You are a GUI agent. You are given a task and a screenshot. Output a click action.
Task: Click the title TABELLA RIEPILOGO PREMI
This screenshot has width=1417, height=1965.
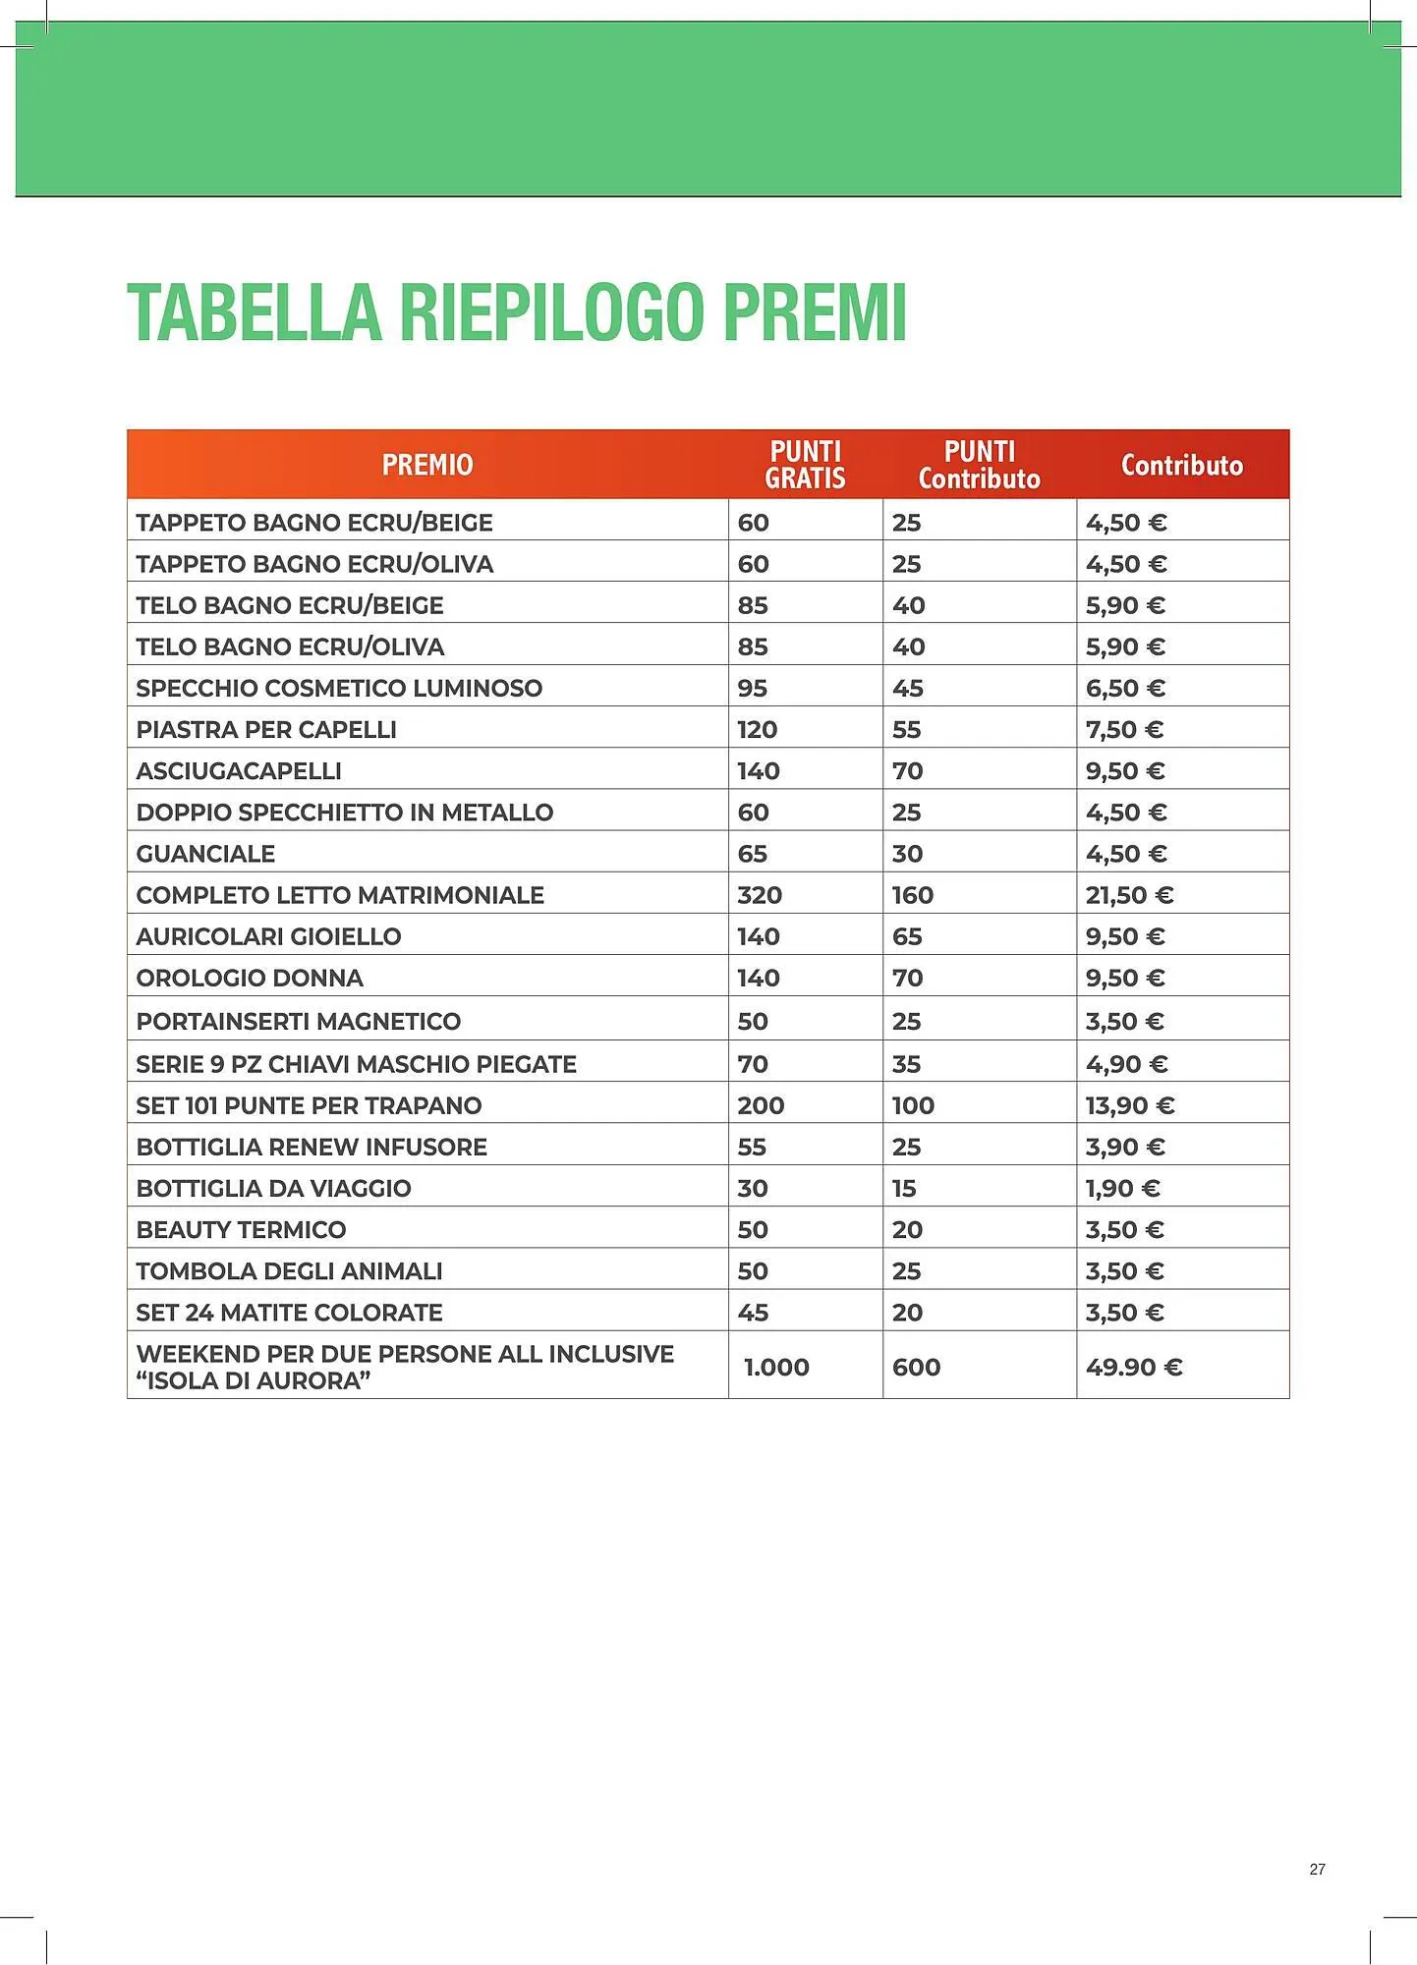point(516,312)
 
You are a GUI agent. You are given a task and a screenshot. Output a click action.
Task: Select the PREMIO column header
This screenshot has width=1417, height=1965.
point(427,465)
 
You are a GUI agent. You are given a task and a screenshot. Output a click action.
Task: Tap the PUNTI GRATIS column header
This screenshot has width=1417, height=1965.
point(805,465)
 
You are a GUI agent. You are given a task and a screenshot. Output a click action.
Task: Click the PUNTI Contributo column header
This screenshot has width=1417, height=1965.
point(979,465)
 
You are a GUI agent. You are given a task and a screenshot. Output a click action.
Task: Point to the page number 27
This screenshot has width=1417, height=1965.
point(1317,1869)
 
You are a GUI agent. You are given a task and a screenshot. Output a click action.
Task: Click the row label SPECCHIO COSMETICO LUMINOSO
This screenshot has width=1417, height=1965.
point(339,688)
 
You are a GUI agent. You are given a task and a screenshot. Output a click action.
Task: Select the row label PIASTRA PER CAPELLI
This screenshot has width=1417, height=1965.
point(266,729)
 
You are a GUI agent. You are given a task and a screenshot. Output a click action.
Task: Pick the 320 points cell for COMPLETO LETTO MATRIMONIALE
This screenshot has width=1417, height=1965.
point(760,895)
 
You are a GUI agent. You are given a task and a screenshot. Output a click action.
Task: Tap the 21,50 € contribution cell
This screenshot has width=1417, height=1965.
point(1129,895)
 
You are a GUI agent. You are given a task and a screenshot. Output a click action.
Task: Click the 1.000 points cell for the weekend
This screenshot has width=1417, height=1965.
point(776,1367)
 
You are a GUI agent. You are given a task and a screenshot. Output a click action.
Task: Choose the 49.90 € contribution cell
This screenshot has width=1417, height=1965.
point(1133,1367)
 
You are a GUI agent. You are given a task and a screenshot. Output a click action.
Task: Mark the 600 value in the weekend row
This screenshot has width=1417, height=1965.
point(916,1367)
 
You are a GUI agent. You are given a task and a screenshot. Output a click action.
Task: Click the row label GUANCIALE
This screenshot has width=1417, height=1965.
point(205,854)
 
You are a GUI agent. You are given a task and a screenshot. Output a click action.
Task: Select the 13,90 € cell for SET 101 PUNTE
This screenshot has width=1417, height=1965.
point(1129,1105)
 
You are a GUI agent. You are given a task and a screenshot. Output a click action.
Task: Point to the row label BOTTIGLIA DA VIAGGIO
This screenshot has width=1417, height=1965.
point(273,1188)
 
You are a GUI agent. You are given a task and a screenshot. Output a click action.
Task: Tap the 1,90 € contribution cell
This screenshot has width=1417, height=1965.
point(1122,1188)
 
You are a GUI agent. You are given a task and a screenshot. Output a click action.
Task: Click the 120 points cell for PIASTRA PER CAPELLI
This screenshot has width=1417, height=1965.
point(757,729)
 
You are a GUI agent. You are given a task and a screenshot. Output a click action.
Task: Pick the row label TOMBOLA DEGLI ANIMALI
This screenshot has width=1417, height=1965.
point(289,1270)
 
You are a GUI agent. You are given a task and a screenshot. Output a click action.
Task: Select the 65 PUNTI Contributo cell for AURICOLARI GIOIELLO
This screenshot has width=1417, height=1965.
point(906,936)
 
